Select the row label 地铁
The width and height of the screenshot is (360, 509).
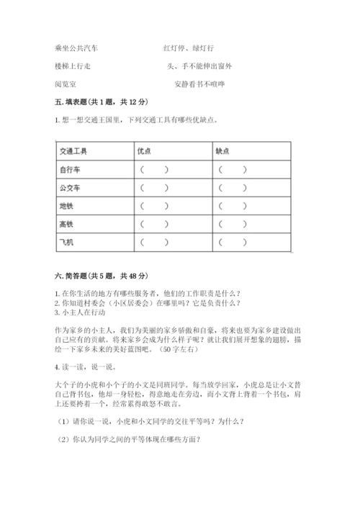point(66,207)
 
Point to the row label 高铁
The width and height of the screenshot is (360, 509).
point(66,225)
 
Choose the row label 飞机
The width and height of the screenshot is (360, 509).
point(66,243)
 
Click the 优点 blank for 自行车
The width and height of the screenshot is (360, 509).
point(156,171)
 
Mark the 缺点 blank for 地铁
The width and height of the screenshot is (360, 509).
point(234,207)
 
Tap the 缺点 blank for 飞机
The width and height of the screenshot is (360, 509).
point(234,243)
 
